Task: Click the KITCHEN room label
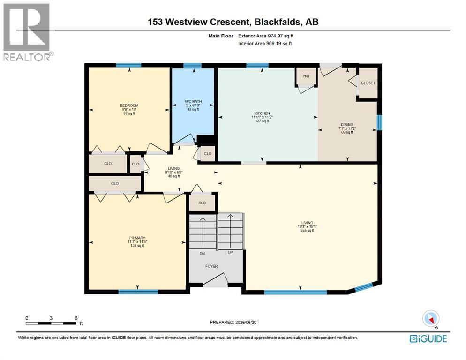(262, 113)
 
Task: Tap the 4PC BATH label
(193, 101)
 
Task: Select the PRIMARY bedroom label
(137, 238)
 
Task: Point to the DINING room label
(347, 125)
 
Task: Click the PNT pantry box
(306, 76)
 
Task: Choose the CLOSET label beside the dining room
(368, 83)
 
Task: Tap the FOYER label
(211, 266)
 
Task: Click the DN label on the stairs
(202, 254)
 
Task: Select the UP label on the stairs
(230, 252)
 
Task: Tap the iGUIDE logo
(428, 338)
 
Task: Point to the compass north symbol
(431, 319)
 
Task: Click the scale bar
(51, 323)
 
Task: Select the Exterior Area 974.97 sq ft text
(266, 36)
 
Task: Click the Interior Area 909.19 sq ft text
(265, 44)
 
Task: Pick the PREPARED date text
(233, 322)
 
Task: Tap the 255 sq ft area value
(307, 230)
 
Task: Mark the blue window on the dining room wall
(379, 122)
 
